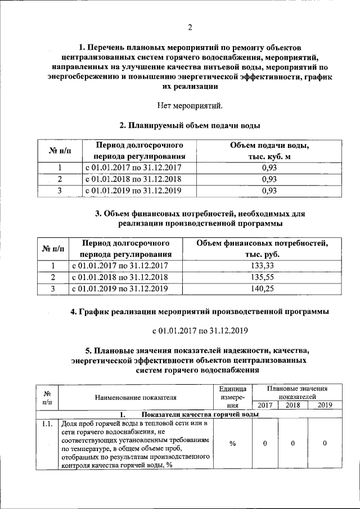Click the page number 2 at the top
pyautogui.click(x=190, y=27)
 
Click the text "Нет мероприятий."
pyautogui.click(x=190, y=105)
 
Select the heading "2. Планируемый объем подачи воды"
pyautogui.click(x=190, y=125)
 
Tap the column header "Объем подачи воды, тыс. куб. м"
pyautogui.click(x=269, y=151)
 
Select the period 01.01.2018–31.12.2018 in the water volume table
pyautogui.click(x=133, y=179)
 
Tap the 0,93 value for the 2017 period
pyautogui.click(x=269, y=168)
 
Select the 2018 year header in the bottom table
pyautogui.click(x=292, y=405)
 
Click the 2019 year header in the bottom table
pyautogui.click(x=325, y=405)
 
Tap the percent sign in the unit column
pyautogui.click(x=232, y=444)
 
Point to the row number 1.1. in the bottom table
pyautogui.click(x=47, y=424)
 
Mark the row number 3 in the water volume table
pyautogui.click(x=59, y=191)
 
